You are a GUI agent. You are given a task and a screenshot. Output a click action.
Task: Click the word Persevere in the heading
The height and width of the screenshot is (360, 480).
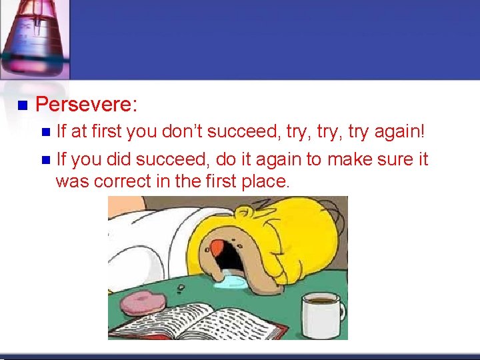coord(85,105)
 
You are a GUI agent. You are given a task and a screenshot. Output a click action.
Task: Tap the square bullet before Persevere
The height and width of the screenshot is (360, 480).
coord(21,105)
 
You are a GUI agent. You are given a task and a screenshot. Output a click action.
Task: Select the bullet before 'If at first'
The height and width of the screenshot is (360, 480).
coord(45,132)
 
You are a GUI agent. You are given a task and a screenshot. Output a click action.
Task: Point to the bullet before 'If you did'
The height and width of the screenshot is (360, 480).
coord(45,160)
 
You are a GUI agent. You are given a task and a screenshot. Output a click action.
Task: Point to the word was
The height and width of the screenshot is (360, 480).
coord(72,181)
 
